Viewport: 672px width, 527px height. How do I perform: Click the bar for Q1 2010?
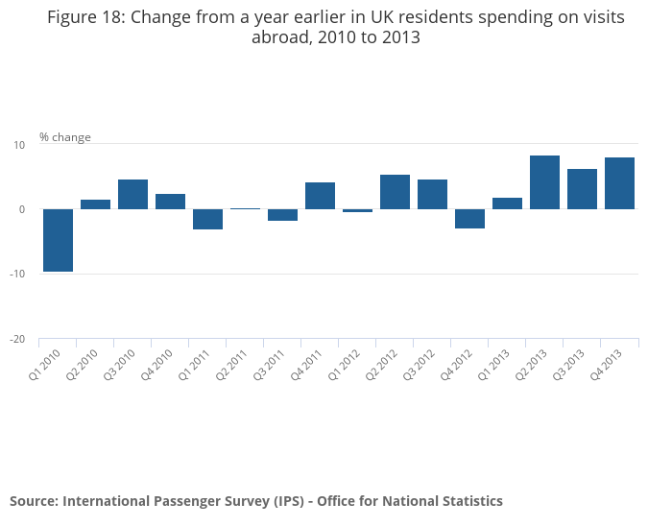click(58, 240)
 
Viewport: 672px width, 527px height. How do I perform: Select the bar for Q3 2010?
click(132, 194)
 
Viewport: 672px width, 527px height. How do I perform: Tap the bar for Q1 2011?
click(207, 219)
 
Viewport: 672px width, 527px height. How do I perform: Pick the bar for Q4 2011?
click(320, 196)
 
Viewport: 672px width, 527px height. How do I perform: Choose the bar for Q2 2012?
click(395, 192)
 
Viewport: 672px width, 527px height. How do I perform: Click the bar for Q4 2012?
click(469, 219)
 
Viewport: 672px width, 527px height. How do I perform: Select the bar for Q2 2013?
click(544, 182)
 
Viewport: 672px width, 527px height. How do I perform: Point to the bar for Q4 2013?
click(619, 183)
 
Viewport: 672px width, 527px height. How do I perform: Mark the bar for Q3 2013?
click(582, 189)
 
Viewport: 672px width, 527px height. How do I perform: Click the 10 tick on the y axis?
click(18, 144)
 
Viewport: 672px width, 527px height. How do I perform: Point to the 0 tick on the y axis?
click(21, 209)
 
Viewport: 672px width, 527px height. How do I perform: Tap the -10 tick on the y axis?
click(17, 275)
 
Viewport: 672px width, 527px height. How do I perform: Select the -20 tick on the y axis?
click(17, 340)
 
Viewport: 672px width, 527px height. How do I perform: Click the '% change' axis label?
click(65, 137)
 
